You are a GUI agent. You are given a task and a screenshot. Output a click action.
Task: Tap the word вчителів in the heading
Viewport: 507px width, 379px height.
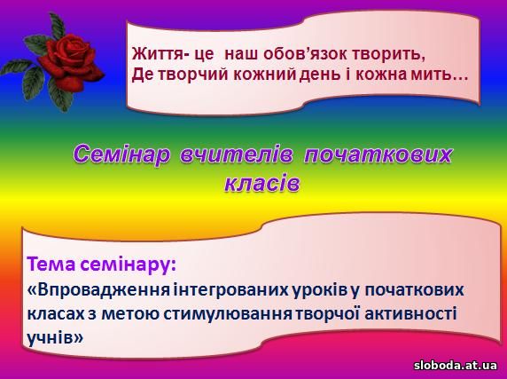pyautogui.click(x=236, y=154)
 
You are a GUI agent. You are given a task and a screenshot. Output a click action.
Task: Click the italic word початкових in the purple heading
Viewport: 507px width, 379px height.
pyautogui.click(x=378, y=154)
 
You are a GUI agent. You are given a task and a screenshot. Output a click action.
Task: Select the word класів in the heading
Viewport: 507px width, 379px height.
pyautogui.click(x=262, y=184)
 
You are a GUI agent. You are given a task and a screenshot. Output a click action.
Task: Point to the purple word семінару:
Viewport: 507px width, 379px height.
pyautogui.click(x=127, y=265)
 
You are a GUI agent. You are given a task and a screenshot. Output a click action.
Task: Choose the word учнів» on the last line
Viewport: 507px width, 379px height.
pyautogui.click(x=55, y=338)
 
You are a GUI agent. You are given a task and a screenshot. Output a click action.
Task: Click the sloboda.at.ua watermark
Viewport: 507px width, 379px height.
pyautogui.click(x=456, y=366)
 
